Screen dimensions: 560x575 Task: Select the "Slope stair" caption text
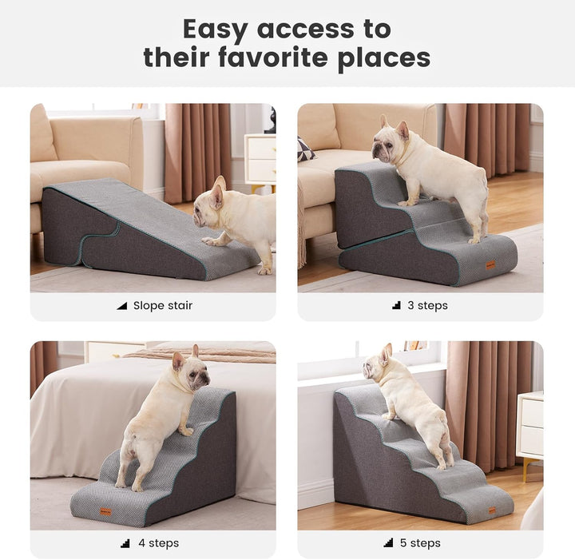(162, 305)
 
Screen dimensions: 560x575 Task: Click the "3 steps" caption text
(427, 305)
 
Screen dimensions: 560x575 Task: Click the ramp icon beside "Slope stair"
(122, 305)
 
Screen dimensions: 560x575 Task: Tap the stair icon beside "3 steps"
(397, 305)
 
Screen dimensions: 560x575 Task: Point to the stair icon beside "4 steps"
(125, 543)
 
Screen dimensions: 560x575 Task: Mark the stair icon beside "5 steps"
(387, 543)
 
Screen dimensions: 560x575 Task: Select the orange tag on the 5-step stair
(491, 510)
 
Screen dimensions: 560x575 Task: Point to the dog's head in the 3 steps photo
(391, 142)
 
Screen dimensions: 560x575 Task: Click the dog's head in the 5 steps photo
(376, 366)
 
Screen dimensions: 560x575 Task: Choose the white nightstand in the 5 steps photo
(529, 424)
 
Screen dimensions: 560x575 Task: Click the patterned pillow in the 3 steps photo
(305, 149)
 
